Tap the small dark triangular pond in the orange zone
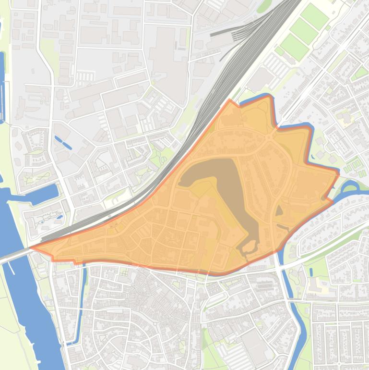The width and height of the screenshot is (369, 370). point(279,210)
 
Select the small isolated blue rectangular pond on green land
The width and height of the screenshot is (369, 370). point(63,142)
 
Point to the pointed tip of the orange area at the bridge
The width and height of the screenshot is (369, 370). point(33,249)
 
